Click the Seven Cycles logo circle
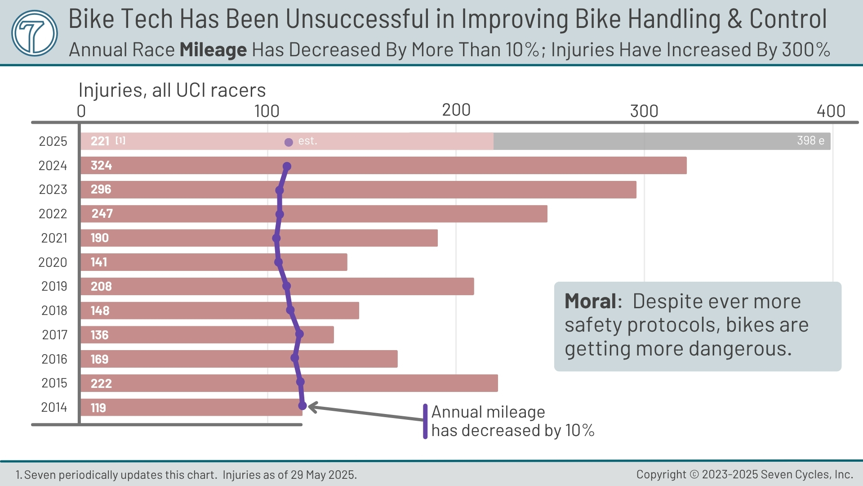click(34, 33)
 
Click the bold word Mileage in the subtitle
click(213, 50)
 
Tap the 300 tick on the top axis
click(644, 111)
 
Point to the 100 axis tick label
click(267, 111)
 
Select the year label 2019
click(54, 286)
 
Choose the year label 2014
click(54, 407)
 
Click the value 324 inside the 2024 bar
click(101, 166)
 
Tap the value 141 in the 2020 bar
click(99, 262)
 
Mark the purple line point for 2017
click(300, 334)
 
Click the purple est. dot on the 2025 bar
click(289, 142)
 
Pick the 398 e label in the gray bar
click(810, 141)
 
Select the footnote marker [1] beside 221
click(120, 140)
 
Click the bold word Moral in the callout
click(590, 301)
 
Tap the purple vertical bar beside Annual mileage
click(425, 421)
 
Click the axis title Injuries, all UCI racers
click(172, 90)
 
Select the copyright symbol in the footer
click(694, 475)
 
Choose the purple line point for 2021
click(276, 238)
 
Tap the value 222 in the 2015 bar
click(101, 383)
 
